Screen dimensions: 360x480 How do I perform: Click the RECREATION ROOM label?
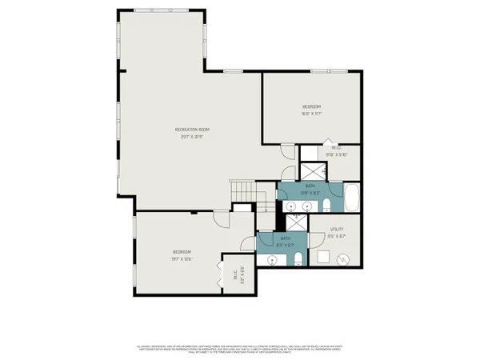tap(192, 130)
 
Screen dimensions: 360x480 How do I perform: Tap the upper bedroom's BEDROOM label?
tap(311, 106)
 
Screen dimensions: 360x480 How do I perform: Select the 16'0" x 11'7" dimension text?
tap(311, 114)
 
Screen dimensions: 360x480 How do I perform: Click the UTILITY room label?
tap(337, 230)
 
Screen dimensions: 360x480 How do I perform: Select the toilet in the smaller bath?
tap(298, 257)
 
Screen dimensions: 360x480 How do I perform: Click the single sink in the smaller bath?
tap(273, 259)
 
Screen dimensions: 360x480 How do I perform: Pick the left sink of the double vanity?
tap(291, 206)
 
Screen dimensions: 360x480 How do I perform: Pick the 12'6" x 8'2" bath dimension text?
tap(310, 193)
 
